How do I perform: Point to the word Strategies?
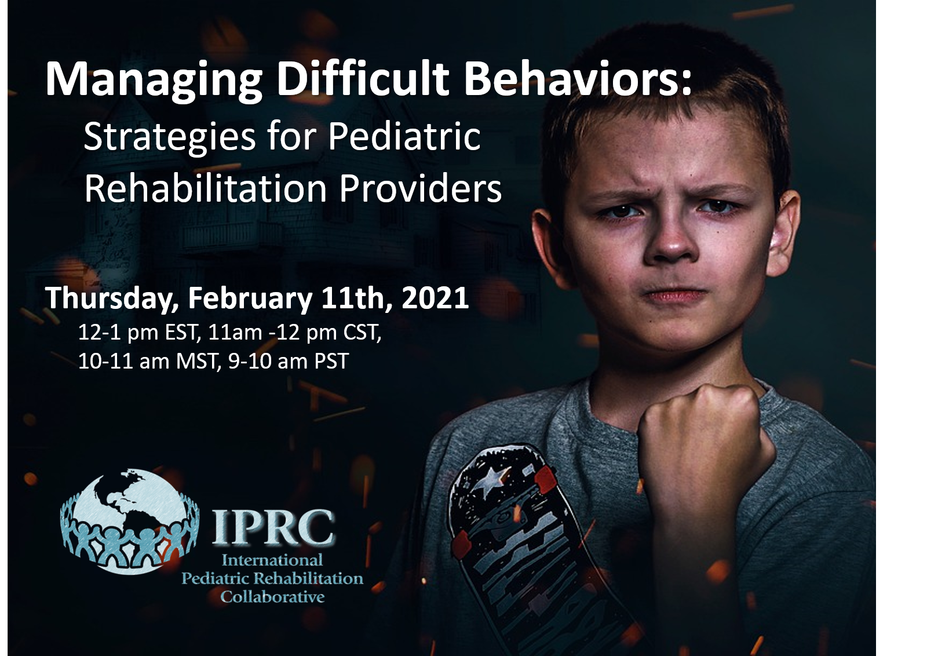coord(170,138)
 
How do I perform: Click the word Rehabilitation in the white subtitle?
coord(206,189)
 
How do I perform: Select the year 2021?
coord(435,298)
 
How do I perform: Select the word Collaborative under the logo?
coord(272,597)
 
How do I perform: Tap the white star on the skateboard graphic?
coord(494,477)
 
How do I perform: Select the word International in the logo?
coord(272,560)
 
